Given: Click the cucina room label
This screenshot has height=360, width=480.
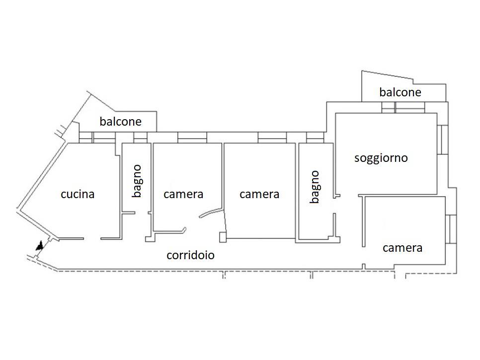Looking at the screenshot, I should (x=78, y=194).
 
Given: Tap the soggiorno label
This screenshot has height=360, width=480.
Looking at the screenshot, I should (x=381, y=158).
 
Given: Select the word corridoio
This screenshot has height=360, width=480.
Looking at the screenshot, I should (x=190, y=255).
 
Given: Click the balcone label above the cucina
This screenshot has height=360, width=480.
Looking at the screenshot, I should (x=120, y=121).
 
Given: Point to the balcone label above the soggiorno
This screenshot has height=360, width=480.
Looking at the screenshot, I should (x=400, y=92).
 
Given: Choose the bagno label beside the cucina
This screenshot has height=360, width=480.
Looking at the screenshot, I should (x=137, y=181).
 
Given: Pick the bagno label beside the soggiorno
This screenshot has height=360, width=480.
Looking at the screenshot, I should (x=314, y=187).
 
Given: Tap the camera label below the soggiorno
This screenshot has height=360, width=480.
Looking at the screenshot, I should (x=402, y=247).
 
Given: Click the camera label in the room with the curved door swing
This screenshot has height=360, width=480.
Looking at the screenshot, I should (x=183, y=194).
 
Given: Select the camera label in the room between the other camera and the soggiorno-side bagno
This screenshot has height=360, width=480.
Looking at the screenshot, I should (x=259, y=194).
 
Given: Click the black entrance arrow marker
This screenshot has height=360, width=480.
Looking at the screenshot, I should (x=39, y=245).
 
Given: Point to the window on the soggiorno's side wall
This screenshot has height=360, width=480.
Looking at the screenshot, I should (x=442, y=139).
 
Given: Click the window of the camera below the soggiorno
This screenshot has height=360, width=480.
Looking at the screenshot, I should (x=450, y=229).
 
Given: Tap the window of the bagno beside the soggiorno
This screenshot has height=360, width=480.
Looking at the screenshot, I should (x=315, y=137).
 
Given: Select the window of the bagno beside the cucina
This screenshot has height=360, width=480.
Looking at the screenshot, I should (x=141, y=137).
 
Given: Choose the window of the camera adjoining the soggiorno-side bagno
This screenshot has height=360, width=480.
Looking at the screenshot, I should (x=272, y=137).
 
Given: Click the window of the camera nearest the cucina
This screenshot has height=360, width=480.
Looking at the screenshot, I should (x=192, y=137).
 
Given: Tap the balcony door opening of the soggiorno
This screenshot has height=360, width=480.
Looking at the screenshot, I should (x=403, y=108).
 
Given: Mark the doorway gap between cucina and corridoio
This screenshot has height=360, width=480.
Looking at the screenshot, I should (x=92, y=239).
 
